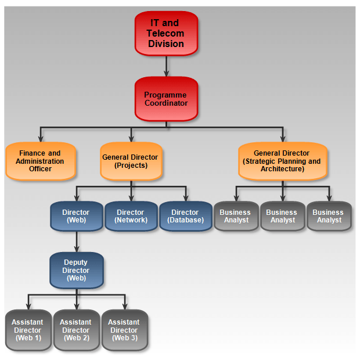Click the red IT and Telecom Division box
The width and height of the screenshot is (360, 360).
click(166, 33)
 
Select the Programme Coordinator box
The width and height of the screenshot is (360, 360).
click(166, 99)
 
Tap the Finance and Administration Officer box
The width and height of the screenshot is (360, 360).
click(40, 161)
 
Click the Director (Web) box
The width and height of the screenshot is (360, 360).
click(76, 217)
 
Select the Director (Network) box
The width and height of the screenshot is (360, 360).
click(131, 217)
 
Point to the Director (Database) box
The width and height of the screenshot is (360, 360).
click(185, 217)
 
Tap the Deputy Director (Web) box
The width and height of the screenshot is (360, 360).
click(76, 271)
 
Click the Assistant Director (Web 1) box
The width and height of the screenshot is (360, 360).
click(28, 330)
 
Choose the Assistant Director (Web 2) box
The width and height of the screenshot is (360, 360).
click(76, 330)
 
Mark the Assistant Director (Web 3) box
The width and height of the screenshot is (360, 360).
click(124, 330)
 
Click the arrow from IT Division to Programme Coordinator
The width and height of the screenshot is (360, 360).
click(167, 66)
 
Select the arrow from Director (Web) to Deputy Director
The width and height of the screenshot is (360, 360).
click(77, 242)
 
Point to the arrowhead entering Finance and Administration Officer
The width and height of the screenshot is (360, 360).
click(40, 139)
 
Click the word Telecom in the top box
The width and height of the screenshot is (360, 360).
click(166, 34)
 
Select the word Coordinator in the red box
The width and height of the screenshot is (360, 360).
click(166, 103)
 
